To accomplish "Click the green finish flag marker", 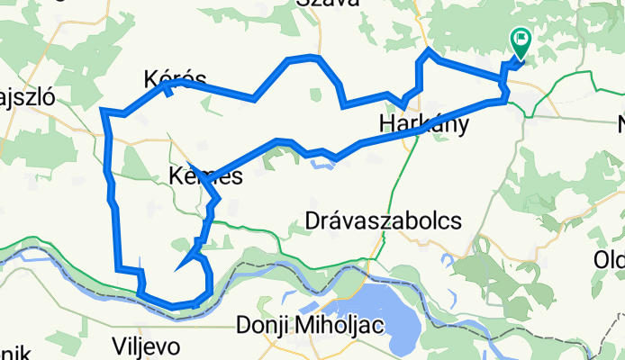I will (x=521, y=40).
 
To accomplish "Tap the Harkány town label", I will (x=424, y=124).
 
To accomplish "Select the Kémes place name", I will (x=205, y=177).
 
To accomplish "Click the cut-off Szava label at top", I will (x=328, y=4).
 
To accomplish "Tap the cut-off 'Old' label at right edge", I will (x=608, y=260).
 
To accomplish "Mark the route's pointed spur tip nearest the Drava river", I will (x=181, y=267).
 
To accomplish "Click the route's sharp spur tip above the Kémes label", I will (x=191, y=156).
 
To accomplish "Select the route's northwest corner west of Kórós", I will (x=104, y=112).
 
